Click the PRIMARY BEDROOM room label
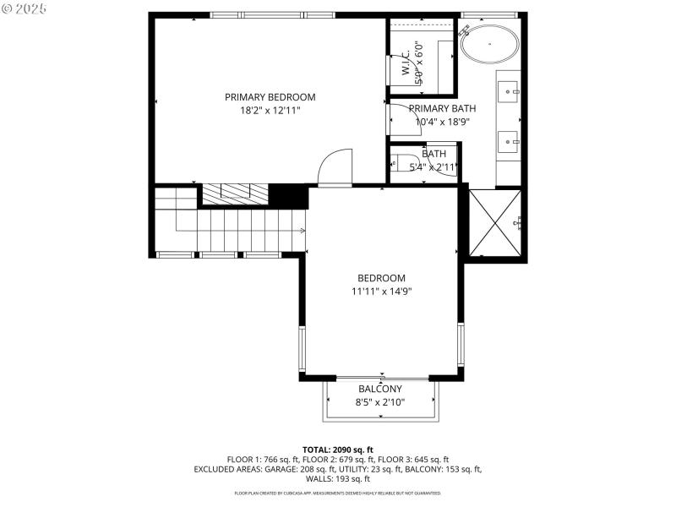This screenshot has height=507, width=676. [x=270, y=96]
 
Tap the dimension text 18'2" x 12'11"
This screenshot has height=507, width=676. [x=270, y=110]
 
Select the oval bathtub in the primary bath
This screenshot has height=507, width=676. [x=490, y=43]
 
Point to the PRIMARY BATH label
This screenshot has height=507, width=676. [x=442, y=108]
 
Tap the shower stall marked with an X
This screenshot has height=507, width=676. [x=496, y=223]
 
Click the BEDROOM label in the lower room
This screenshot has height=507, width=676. [x=381, y=277]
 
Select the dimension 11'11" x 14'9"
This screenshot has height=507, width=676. [x=381, y=291]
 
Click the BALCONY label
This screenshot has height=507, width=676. [x=380, y=389]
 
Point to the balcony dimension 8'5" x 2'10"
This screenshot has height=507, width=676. [x=380, y=402]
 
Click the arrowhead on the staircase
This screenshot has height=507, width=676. [x=302, y=230]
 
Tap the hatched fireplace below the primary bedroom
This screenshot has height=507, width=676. [x=233, y=194]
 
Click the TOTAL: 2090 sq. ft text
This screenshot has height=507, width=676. [x=338, y=450]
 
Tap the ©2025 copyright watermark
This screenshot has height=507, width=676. [x=25, y=8]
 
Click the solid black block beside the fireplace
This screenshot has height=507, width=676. [x=287, y=196]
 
